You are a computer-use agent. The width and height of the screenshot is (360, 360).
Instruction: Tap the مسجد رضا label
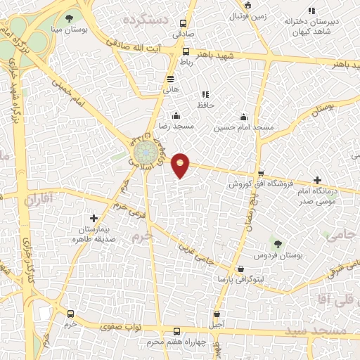176,127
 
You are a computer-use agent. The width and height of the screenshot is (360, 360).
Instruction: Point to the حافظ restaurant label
205,105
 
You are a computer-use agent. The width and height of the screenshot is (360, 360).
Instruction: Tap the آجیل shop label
217,324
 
